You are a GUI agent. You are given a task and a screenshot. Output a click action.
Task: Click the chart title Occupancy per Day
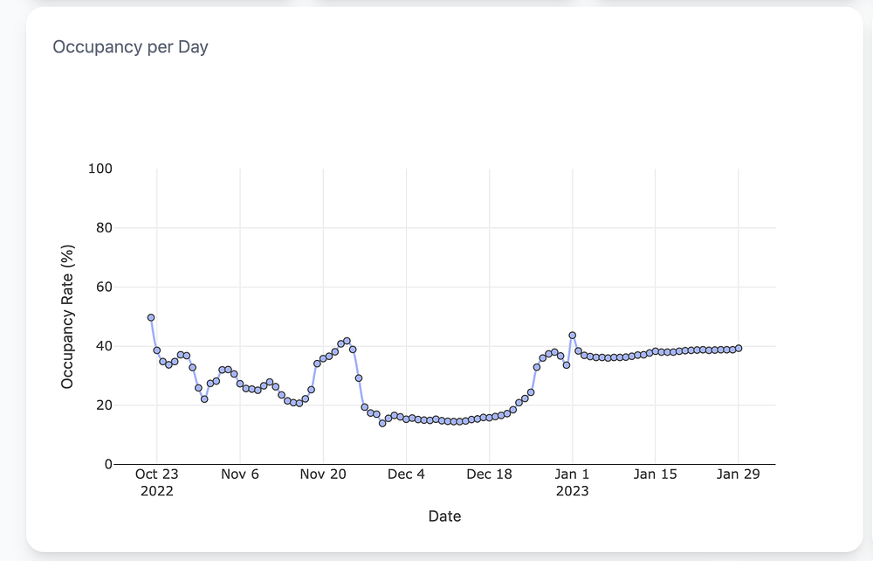(130, 47)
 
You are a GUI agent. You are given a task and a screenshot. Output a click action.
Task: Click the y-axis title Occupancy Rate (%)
(68, 316)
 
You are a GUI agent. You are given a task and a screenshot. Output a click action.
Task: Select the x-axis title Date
(444, 516)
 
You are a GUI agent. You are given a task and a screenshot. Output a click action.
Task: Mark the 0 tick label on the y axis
(108, 464)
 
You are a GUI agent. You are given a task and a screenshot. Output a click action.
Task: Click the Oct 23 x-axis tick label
(157, 474)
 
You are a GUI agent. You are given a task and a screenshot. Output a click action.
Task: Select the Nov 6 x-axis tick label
(240, 474)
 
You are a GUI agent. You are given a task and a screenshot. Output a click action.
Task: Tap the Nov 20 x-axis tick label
(323, 474)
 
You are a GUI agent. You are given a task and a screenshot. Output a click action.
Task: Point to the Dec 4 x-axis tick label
(406, 474)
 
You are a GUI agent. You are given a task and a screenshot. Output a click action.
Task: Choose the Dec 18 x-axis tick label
(490, 474)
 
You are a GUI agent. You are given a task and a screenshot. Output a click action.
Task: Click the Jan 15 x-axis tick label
(656, 474)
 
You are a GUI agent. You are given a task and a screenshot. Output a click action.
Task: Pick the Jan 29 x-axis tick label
(739, 474)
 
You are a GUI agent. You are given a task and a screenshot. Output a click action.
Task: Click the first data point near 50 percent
(151, 317)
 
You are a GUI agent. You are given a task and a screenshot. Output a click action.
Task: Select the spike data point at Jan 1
(573, 335)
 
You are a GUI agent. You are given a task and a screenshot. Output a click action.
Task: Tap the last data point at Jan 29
(739, 348)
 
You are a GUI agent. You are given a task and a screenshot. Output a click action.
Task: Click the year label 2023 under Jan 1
(573, 491)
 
